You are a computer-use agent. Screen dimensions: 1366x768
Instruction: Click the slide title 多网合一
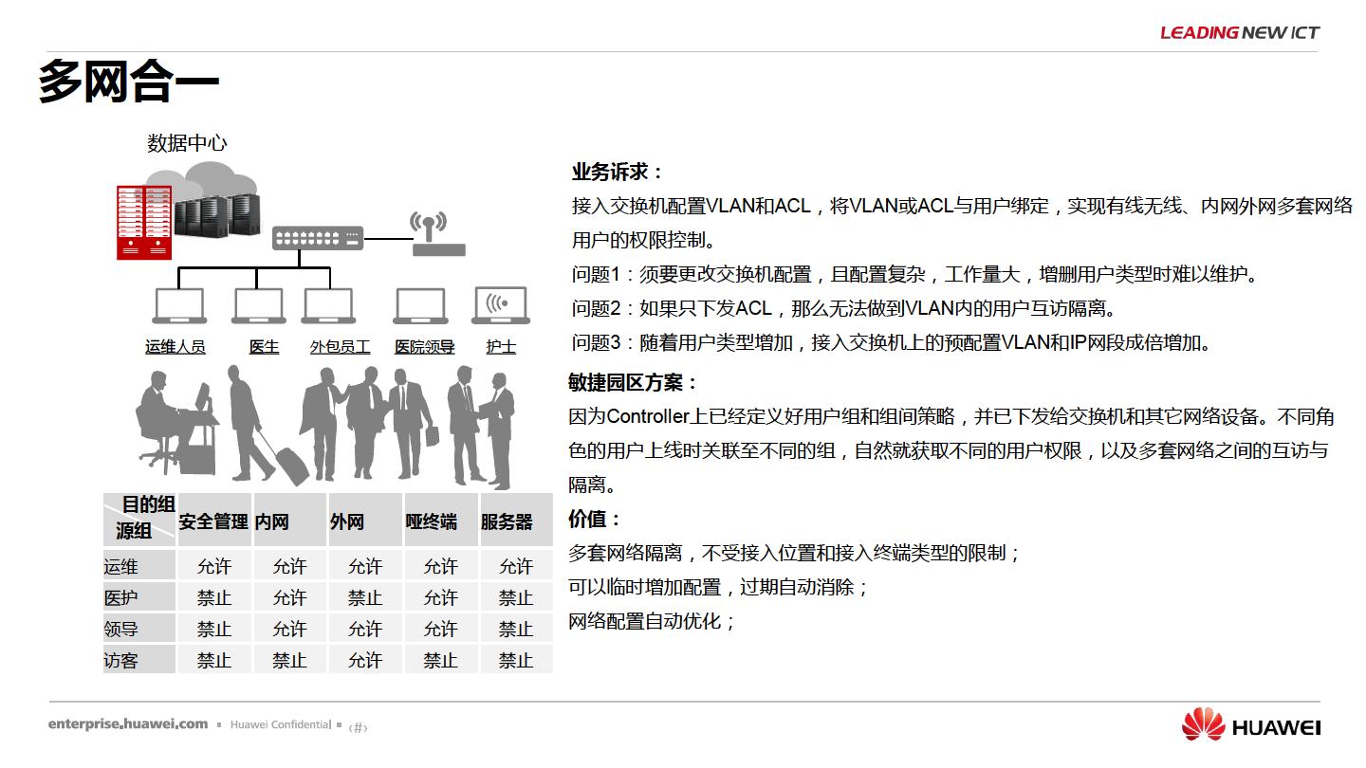(x=129, y=82)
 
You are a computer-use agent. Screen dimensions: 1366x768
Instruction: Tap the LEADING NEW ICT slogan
(x=1240, y=32)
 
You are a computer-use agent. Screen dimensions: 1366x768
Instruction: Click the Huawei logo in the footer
(x=1250, y=724)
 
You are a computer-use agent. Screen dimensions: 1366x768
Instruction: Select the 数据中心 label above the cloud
(x=187, y=143)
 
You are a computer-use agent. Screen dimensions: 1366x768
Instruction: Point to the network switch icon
(x=318, y=238)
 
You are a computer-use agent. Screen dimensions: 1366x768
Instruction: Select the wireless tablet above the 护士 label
(x=501, y=304)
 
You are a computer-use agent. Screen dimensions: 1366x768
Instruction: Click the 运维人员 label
(x=175, y=347)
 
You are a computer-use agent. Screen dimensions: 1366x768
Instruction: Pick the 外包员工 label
(x=340, y=347)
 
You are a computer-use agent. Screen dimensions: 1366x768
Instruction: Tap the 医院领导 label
(x=424, y=347)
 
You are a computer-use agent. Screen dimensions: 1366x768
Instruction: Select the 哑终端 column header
(x=431, y=521)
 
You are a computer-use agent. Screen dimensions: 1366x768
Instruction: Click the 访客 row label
(x=120, y=661)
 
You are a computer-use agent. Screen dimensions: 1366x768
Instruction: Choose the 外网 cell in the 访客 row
(x=364, y=660)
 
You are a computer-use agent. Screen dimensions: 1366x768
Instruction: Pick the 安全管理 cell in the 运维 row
(x=214, y=566)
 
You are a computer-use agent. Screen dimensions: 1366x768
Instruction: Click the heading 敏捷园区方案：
(x=633, y=383)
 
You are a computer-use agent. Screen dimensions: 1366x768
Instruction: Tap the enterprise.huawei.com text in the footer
(x=128, y=724)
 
